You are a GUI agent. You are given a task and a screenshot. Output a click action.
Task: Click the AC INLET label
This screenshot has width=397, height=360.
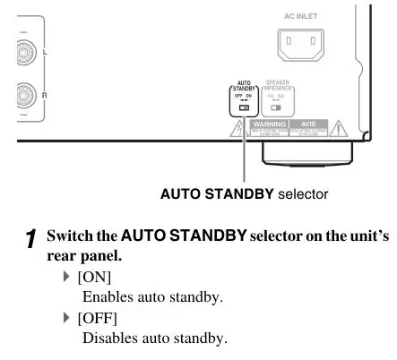(x=300, y=15)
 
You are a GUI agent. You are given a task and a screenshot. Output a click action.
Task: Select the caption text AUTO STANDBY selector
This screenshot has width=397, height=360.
(x=244, y=193)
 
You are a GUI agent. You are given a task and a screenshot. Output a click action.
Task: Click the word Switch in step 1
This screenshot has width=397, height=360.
(x=68, y=238)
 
